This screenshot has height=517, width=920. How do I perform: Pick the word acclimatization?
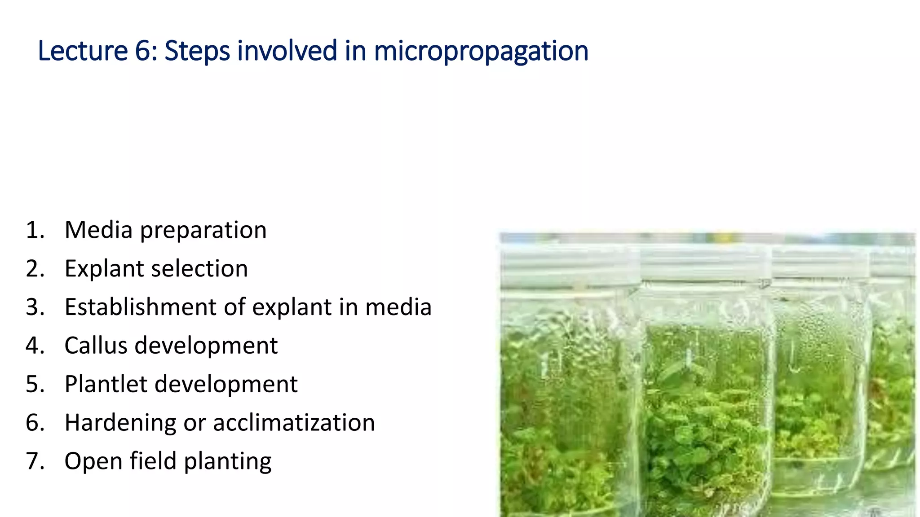tap(294, 423)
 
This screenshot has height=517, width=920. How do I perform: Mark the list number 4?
tap(34, 346)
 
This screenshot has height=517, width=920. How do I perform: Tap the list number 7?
tap(34, 462)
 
